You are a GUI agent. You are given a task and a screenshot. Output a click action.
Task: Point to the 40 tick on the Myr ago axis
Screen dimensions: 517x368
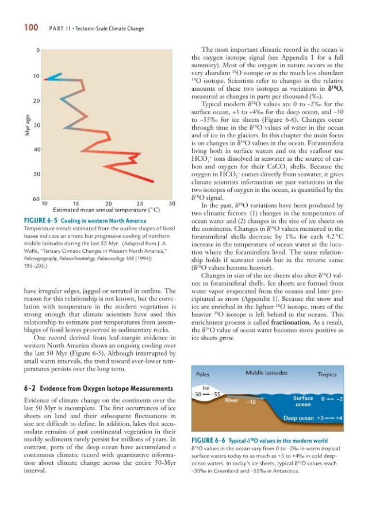pos(36,150)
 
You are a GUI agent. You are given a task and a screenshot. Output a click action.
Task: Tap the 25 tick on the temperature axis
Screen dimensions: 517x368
pos(139,203)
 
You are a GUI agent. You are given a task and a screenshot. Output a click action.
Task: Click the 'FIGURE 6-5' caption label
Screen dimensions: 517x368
pos(42,221)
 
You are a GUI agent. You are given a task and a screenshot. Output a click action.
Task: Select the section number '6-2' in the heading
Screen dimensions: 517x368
pos(28,389)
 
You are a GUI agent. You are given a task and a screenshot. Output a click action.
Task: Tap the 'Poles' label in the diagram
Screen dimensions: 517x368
pos(203,374)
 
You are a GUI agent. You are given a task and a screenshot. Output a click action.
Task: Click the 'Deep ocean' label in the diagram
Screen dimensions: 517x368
pos(301,418)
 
